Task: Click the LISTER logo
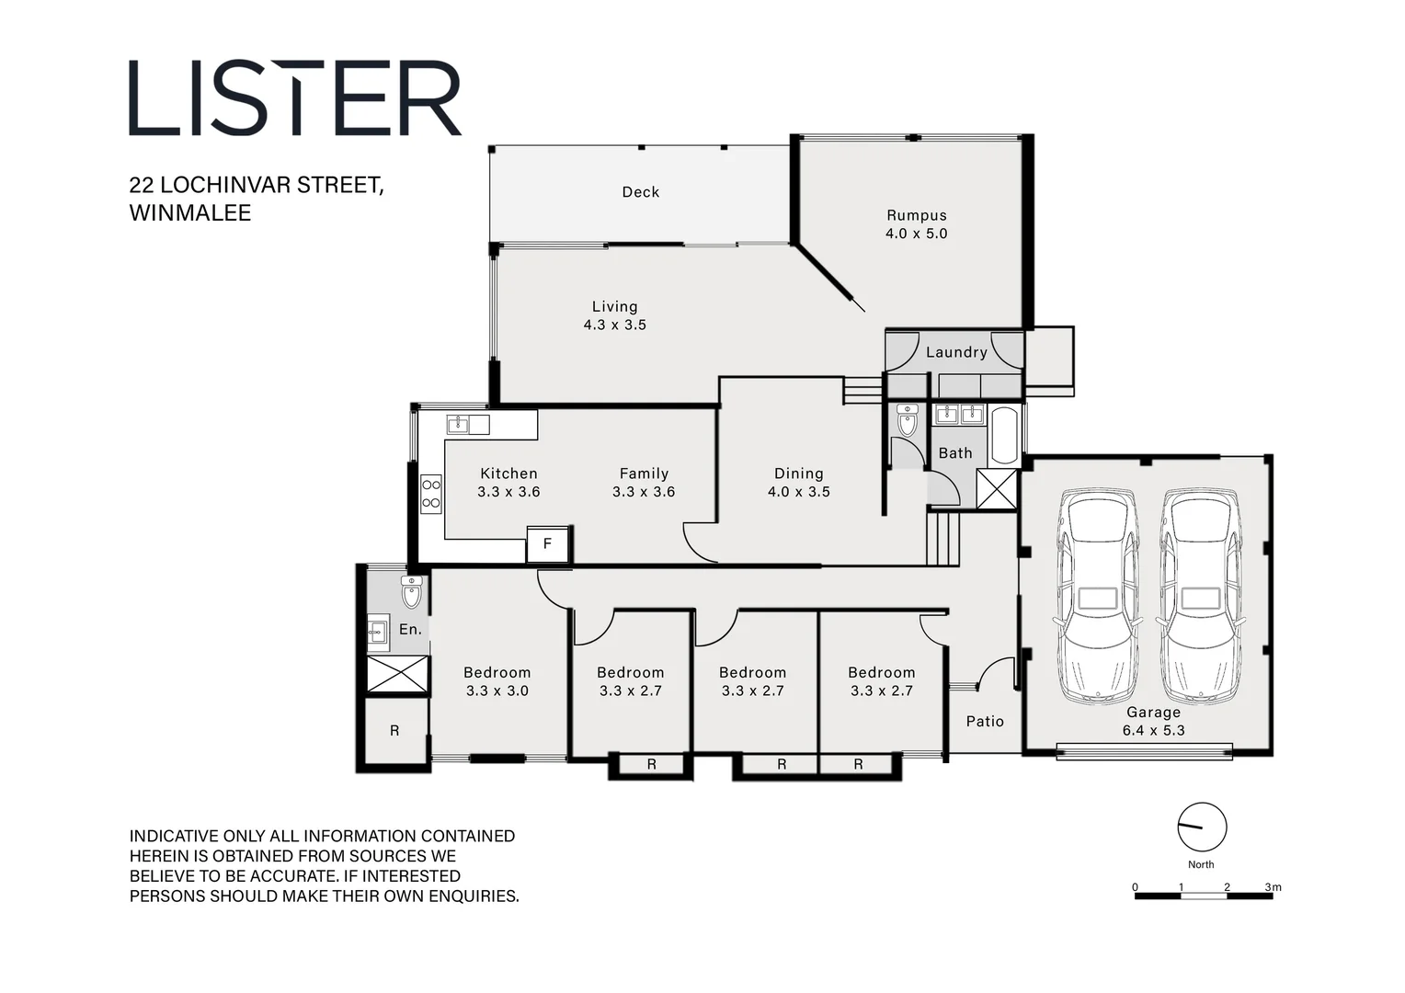294,98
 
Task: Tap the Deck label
640,192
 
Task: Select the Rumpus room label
916,215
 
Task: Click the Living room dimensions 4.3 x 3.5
614,325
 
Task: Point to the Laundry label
956,352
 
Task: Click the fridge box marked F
547,544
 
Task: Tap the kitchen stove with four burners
430,494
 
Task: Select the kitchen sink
467,425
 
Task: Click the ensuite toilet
411,592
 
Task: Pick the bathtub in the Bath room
1004,435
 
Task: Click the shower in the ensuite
397,674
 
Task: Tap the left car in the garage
1097,598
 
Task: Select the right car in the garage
1200,598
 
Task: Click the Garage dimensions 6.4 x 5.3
1153,731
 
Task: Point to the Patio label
985,722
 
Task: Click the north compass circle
1202,827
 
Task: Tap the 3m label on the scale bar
1273,887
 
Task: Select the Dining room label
798,474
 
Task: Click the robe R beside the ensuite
394,731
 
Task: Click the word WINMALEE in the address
190,212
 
